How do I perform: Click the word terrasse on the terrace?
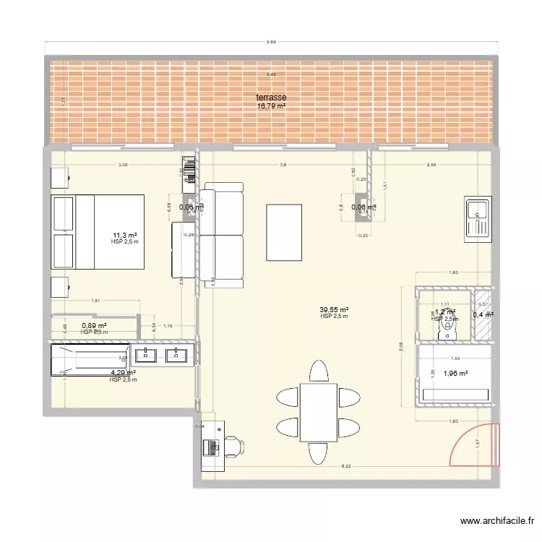(x=271, y=98)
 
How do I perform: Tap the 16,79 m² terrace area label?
(x=271, y=106)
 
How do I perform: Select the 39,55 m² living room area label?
(x=335, y=309)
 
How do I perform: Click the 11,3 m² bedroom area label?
(x=124, y=235)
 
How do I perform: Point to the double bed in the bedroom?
(x=98, y=231)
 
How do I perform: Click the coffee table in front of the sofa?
(x=284, y=232)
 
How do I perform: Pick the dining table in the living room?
(x=318, y=413)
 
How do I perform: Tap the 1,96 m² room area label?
(x=455, y=374)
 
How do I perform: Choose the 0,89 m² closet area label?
(x=94, y=326)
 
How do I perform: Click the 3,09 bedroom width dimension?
(x=124, y=165)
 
